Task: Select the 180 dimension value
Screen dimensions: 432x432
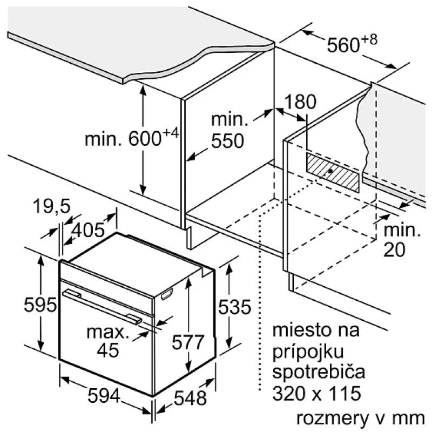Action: click(x=300, y=102)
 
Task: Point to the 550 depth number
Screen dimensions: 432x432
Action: click(x=227, y=141)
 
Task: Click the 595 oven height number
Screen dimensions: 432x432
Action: click(x=40, y=305)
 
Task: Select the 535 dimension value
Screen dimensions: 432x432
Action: click(x=235, y=307)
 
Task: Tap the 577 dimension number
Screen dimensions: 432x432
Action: click(x=188, y=342)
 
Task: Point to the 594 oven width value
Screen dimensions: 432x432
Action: click(x=104, y=396)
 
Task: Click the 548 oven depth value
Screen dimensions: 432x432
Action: click(x=191, y=398)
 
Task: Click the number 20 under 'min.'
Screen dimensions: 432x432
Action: click(x=394, y=249)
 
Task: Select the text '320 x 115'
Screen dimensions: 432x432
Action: click(x=316, y=393)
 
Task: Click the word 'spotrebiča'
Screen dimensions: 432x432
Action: click(x=319, y=372)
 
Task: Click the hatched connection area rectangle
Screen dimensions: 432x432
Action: click(x=333, y=172)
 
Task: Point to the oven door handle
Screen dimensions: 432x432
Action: click(x=102, y=306)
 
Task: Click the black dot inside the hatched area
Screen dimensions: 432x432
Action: click(x=330, y=171)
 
